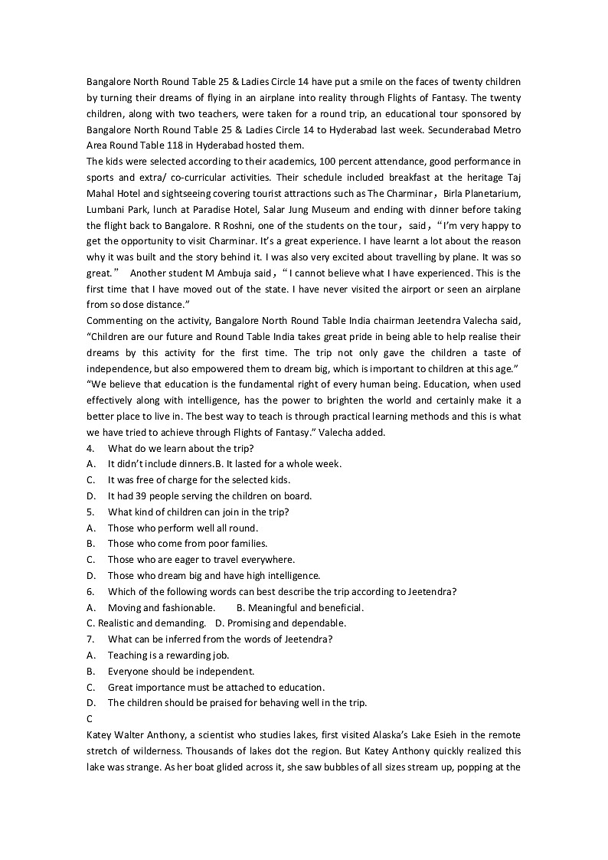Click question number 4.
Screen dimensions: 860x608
(x=90, y=448)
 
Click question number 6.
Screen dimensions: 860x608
(x=90, y=591)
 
